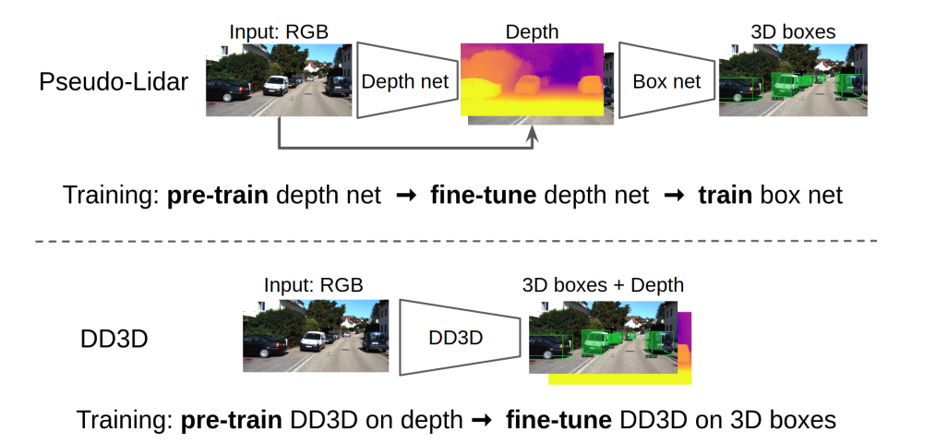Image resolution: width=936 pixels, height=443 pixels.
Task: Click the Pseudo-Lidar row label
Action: (x=114, y=82)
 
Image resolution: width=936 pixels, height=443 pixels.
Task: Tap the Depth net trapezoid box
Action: (x=404, y=81)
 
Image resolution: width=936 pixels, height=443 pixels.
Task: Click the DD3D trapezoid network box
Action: (x=456, y=338)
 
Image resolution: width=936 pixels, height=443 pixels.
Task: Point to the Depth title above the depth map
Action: (x=532, y=31)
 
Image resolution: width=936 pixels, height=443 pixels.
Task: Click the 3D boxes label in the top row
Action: (x=793, y=31)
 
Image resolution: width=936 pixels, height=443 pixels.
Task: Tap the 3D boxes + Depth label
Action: (x=603, y=284)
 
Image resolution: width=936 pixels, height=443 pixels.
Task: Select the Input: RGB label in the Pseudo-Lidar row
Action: (x=278, y=31)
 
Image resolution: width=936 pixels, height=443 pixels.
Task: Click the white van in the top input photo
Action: (x=276, y=86)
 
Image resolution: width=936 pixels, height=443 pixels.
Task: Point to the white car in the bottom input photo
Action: (x=313, y=341)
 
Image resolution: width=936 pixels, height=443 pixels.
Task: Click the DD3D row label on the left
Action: (x=114, y=339)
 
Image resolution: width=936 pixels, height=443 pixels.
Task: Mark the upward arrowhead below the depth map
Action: (x=533, y=136)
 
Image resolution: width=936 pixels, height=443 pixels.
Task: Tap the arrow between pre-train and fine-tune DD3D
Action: (x=481, y=421)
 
